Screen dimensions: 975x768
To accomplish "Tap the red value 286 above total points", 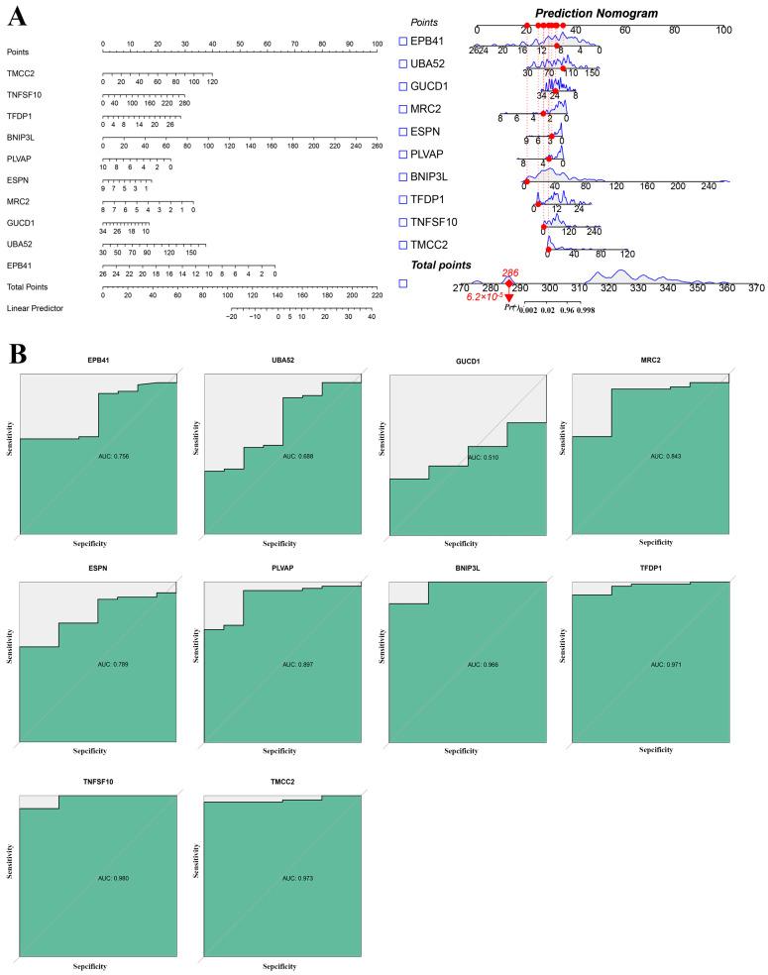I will click(510, 271).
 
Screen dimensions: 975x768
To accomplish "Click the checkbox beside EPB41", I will click(401, 41).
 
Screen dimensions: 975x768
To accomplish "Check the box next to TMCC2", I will click(401, 243).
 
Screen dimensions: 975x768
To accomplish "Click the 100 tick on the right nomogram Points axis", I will click(723, 30).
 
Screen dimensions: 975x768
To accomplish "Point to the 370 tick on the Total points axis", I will click(756, 287).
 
